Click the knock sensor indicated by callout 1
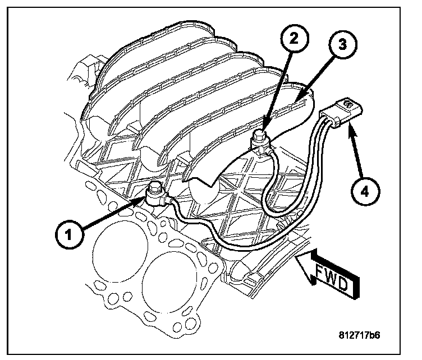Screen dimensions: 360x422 point(155,196)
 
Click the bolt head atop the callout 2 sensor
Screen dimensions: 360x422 point(260,134)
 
